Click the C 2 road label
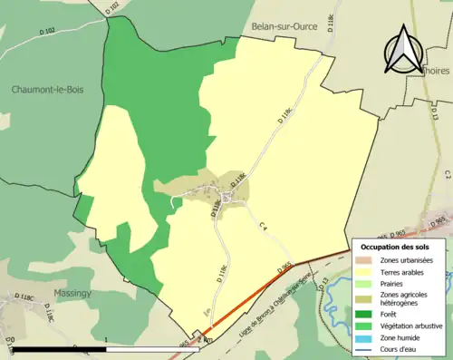click(x=447, y=172)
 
